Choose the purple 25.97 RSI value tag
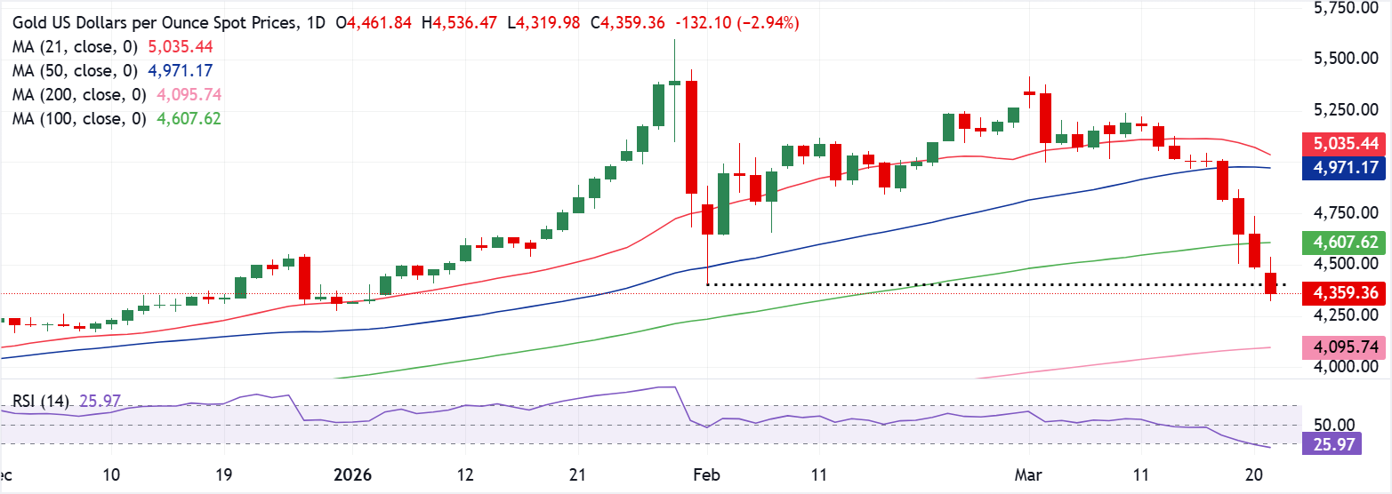coord(1332,444)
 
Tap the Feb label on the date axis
coord(707,475)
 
